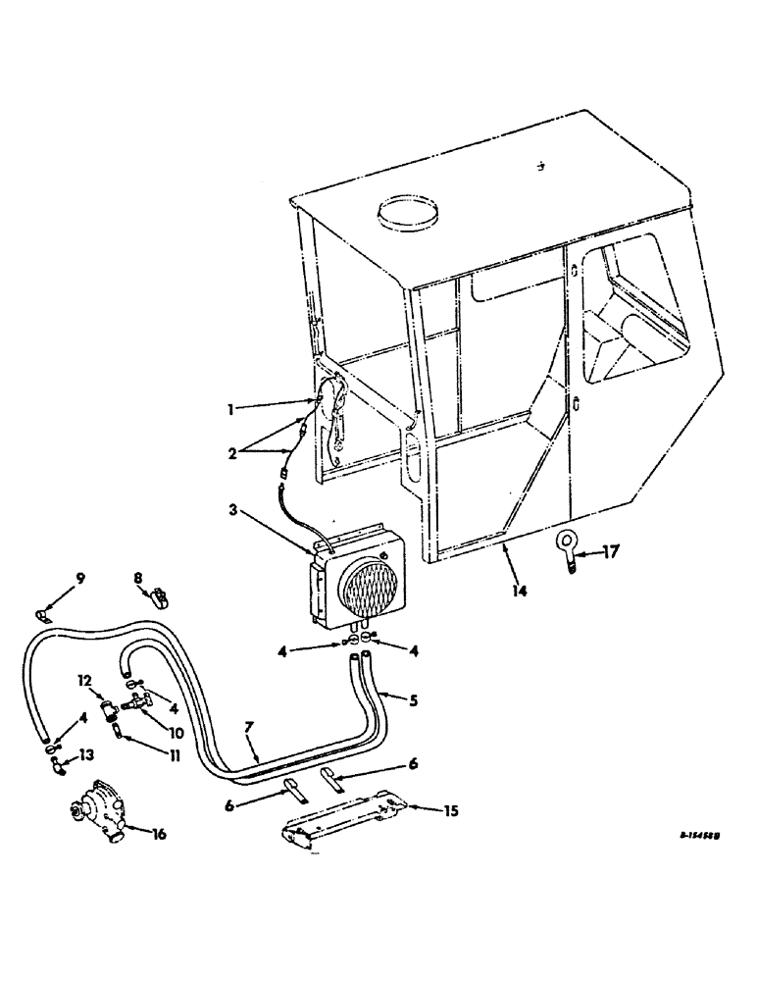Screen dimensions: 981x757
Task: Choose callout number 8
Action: click(139, 579)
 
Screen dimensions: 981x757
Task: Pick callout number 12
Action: click(85, 681)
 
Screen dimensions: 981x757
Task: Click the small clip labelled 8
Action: click(157, 597)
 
